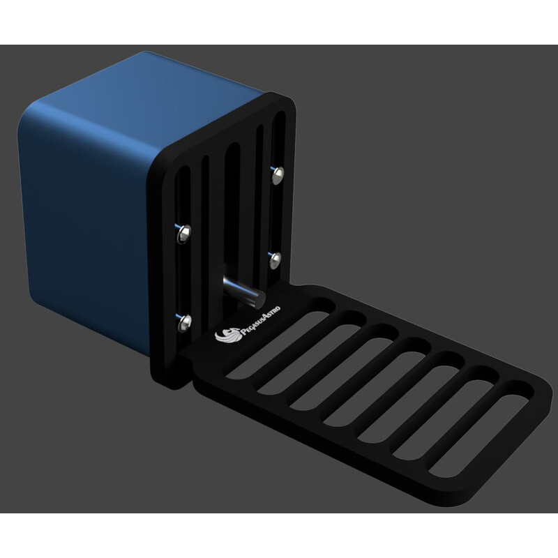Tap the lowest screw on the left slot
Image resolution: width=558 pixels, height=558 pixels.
point(183,322)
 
